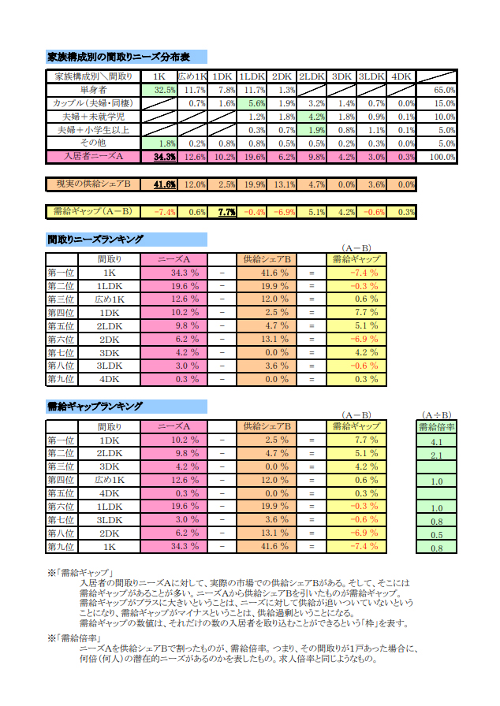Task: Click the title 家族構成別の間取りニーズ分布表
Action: click(119, 58)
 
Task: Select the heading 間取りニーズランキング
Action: click(95, 239)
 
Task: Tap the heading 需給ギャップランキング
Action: click(95, 407)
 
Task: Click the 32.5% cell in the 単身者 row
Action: click(164, 91)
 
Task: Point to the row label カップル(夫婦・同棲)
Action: click(92, 103)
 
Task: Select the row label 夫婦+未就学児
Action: click(92, 117)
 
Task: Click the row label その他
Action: click(92, 143)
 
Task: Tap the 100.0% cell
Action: click(444, 157)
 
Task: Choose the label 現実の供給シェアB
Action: click(92, 184)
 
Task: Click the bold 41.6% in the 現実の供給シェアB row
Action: click(164, 184)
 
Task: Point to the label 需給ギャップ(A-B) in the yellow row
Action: click(92, 211)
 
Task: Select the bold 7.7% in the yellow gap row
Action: click(226, 211)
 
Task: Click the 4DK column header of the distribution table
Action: click(401, 76)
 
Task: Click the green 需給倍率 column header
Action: click(436, 427)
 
